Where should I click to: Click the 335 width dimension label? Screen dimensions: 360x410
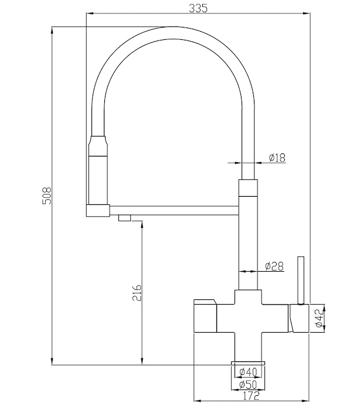tap(198, 8)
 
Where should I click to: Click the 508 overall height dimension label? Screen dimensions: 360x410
tap(48, 196)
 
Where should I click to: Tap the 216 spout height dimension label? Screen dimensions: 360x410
tap(137, 293)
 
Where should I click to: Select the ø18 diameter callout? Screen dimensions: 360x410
tap(277, 158)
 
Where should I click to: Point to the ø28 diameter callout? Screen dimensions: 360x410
tap(274, 266)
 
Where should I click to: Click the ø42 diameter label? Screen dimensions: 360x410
tap(319, 318)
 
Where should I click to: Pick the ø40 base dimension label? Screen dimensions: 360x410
tap(249, 371)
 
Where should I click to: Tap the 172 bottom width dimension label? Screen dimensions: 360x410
tap(250, 396)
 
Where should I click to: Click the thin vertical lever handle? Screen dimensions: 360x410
tap(301, 281)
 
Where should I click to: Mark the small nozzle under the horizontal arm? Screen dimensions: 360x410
tap(124, 218)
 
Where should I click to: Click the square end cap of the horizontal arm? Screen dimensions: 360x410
tap(98, 210)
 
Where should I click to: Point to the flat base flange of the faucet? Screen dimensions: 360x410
tap(248, 363)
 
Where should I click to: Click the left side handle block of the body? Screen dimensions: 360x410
tap(205, 316)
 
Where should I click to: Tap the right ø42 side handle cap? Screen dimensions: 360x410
tap(299, 318)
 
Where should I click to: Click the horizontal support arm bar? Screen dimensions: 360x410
tap(174, 210)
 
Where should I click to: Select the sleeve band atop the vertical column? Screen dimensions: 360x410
tap(248, 188)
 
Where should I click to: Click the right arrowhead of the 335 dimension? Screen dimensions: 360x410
tap(307, 13)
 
